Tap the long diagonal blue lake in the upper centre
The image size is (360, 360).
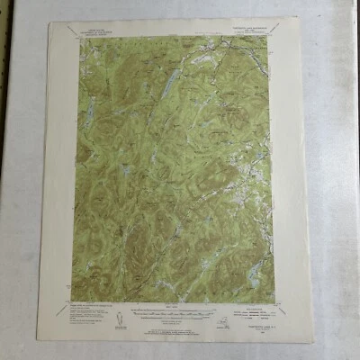coord(168,86)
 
